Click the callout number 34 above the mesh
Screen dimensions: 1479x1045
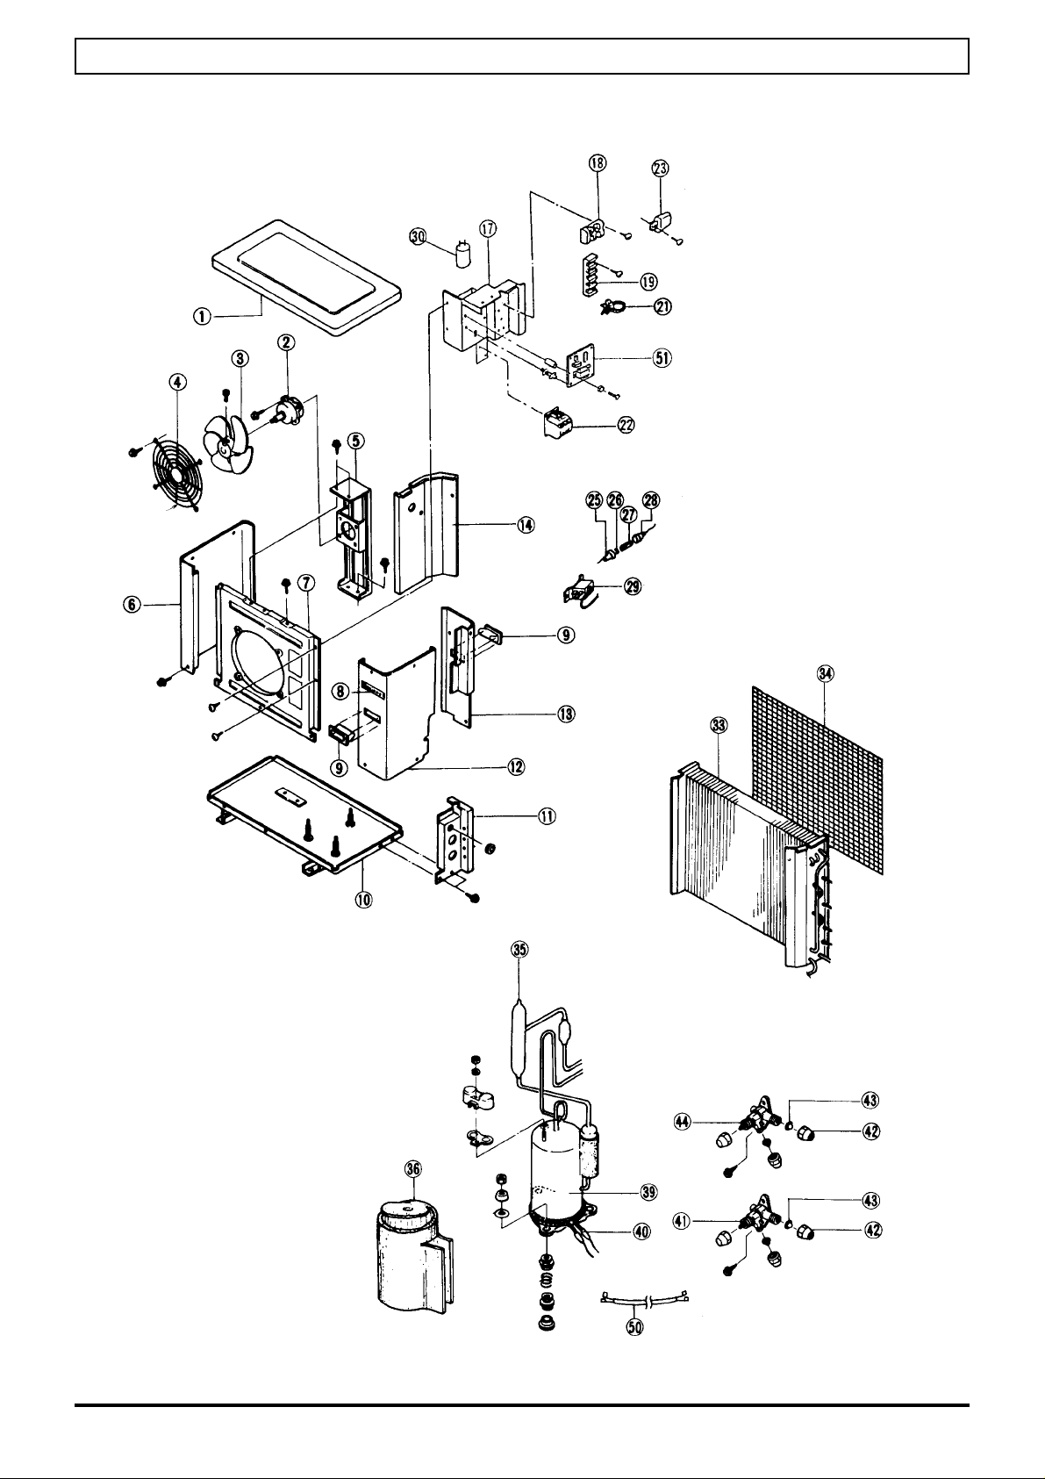click(825, 674)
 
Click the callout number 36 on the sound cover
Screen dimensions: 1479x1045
click(413, 1167)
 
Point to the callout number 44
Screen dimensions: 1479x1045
click(682, 1121)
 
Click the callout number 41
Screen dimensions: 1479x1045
click(682, 1219)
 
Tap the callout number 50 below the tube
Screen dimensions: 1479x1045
click(635, 1328)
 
